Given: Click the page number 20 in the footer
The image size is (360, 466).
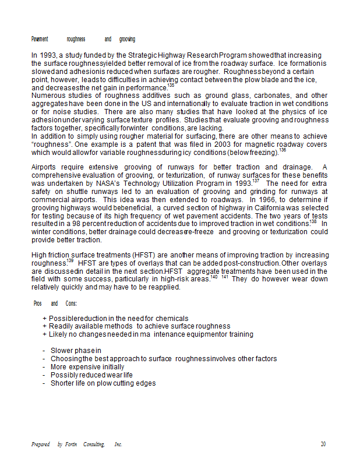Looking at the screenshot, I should [323, 444].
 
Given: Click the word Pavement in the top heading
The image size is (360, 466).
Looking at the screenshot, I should [40, 39].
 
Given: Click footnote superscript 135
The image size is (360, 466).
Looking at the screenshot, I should [171, 86].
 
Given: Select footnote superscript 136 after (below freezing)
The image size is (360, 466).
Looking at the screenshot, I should [283, 150].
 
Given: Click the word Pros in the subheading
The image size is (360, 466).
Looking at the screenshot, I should [37, 303].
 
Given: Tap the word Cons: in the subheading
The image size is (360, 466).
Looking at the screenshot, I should [71, 303].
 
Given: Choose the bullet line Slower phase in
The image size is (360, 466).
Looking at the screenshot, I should [76, 351].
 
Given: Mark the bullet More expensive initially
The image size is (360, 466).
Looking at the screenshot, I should [87, 367].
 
